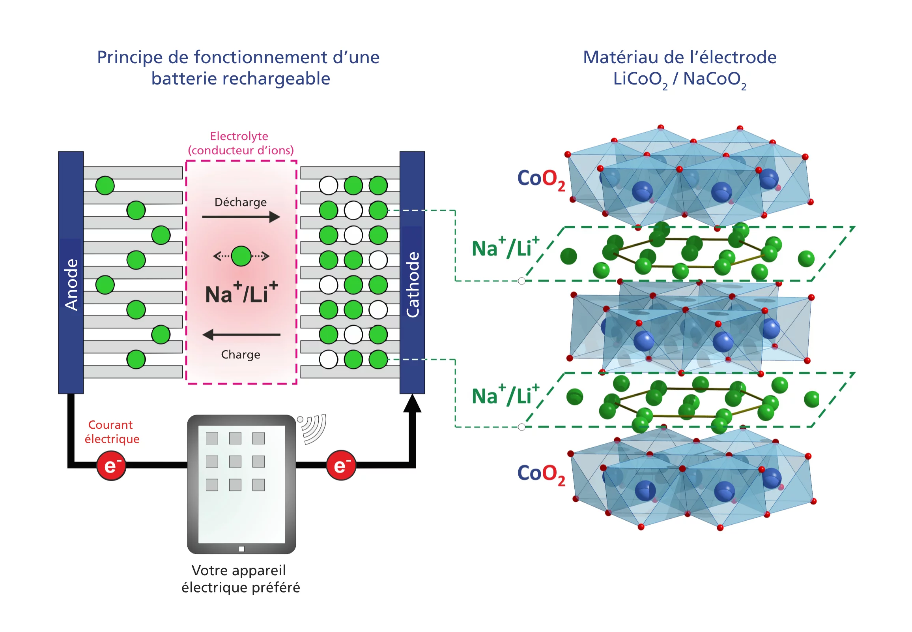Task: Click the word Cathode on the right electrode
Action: (x=413, y=284)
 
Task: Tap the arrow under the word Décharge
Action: (x=241, y=217)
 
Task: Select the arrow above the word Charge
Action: (x=241, y=335)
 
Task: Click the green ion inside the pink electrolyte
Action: (x=241, y=256)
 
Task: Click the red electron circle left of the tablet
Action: (x=111, y=465)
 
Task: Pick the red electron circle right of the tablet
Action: (x=341, y=465)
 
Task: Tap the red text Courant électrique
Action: (x=112, y=431)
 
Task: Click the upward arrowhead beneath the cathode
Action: (x=412, y=404)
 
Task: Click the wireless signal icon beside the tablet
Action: (x=313, y=428)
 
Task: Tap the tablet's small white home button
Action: (x=241, y=549)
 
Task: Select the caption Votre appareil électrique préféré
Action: (x=240, y=579)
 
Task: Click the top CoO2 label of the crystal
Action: (x=541, y=179)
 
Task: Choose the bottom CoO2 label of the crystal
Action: (x=541, y=474)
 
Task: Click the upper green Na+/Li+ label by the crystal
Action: (x=505, y=247)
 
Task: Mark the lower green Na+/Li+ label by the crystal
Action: (x=505, y=395)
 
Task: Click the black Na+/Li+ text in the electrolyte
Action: (x=241, y=293)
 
